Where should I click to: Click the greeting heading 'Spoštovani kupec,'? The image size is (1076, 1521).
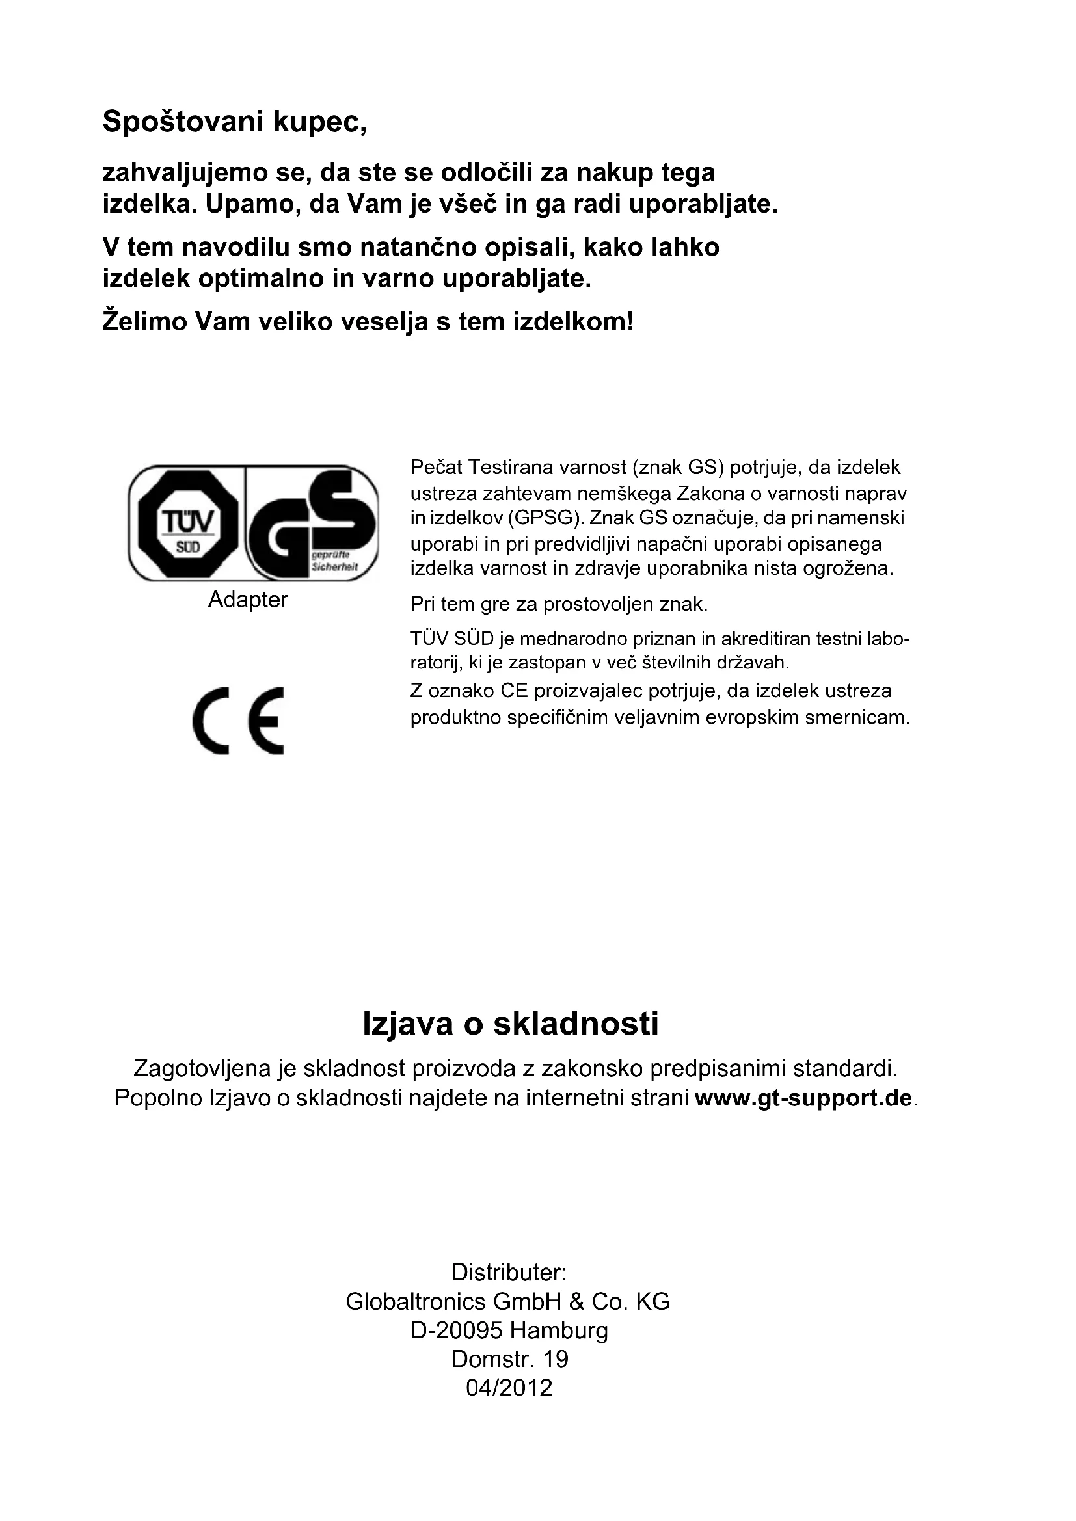point(235,122)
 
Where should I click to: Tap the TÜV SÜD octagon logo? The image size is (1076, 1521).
point(187,523)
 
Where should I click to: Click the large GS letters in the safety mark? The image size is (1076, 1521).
point(312,523)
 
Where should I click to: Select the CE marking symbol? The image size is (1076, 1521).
point(239,721)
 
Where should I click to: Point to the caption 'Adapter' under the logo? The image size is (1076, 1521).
point(248,600)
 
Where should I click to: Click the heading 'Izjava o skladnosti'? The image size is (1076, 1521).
point(510,1024)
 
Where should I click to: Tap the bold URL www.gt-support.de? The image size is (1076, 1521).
point(803,1098)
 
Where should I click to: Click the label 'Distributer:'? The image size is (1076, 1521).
point(509,1273)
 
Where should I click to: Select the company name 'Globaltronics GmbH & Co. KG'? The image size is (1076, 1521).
point(507,1302)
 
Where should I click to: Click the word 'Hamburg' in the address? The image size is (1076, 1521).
point(559,1330)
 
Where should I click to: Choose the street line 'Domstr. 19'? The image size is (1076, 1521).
point(509,1359)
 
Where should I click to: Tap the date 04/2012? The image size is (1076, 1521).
point(509,1388)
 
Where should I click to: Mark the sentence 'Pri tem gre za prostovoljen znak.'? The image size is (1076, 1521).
point(559,604)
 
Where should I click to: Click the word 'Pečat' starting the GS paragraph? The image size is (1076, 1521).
point(436,468)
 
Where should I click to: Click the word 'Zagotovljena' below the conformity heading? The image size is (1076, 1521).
point(202,1068)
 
